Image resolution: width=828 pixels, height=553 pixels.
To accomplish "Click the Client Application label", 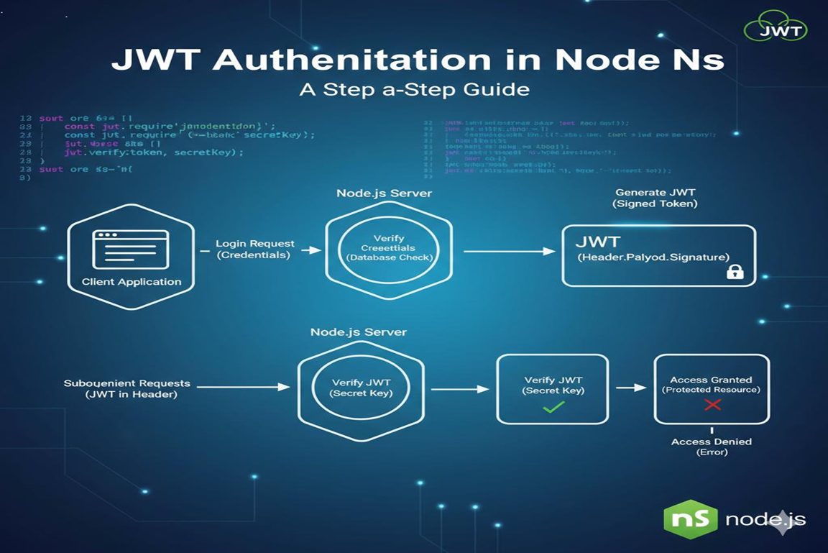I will click(x=131, y=282).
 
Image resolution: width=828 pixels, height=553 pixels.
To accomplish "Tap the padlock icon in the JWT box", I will click(x=734, y=271).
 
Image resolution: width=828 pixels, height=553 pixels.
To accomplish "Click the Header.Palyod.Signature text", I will click(x=653, y=257).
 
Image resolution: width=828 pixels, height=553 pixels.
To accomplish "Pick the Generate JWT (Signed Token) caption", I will click(x=655, y=198).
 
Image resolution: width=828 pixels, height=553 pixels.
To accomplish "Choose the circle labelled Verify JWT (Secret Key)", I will click(x=358, y=388).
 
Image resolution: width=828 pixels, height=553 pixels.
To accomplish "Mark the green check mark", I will click(x=553, y=407).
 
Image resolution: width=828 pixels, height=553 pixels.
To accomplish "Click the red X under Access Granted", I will click(x=712, y=405).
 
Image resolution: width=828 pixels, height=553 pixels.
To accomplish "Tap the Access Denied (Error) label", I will click(x=711, y=447).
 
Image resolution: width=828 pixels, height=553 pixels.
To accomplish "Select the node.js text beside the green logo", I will click(x=765, y=520).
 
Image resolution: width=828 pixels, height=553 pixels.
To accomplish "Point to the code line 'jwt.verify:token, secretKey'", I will click(x=153, y=152).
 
